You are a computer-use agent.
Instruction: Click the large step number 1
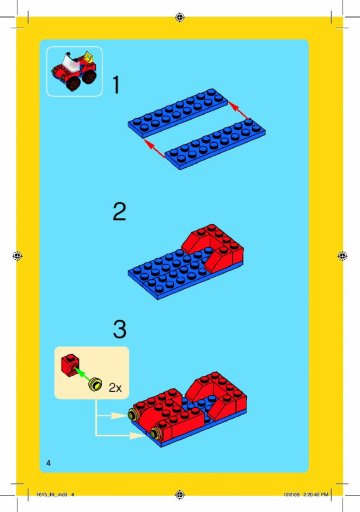(x=116, y=85)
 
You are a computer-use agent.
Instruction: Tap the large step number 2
(x=119, y=211)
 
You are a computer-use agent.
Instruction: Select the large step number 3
(x=120, y=329)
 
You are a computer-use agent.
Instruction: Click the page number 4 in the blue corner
(x=48, y=462)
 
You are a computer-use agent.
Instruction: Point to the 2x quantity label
(x=115, y=388)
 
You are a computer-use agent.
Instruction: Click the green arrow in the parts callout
(x=83, y=374)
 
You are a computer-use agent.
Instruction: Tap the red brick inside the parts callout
(x=70, y=365)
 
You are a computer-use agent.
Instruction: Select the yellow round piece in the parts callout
(x=95, y=385)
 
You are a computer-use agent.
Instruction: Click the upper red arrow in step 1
(x=238, y=110)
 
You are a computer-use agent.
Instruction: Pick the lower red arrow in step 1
(x=154, y=148)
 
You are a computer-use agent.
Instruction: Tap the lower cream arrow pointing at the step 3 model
(x=121, y=435)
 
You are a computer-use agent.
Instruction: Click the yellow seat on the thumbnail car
(x=88, y=58)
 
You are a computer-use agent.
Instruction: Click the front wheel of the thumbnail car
(x=75, y=83)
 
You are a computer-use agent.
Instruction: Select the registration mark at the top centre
(x=180, y=17)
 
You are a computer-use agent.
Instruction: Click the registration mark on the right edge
(x=342, y=255)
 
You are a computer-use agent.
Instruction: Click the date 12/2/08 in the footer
(x=291, y=495)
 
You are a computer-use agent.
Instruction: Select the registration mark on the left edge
(x=17, y=256)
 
